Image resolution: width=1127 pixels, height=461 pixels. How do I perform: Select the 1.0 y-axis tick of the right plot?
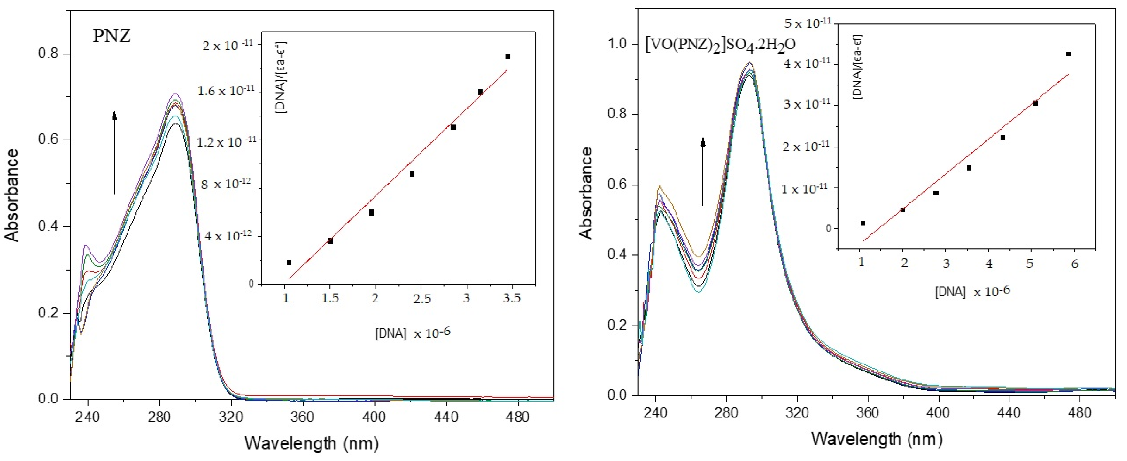pyautogui.click(x=617, y=44)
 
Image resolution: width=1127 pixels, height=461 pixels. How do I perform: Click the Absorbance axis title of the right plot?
pyautogui.click(x=585, y=193)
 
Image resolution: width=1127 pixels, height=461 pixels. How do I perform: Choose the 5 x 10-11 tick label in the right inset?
pyautogui.click(x=807, y=23)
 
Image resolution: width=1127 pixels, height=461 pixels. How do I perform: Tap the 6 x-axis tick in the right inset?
pyautogui.click(x=1074, y=264)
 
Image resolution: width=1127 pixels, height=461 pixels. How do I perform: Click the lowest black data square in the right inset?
pyautogui.click(x=863, y=223)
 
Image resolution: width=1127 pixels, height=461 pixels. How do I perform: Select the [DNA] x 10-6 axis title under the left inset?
pyautogui.click(x=412, y=333)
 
